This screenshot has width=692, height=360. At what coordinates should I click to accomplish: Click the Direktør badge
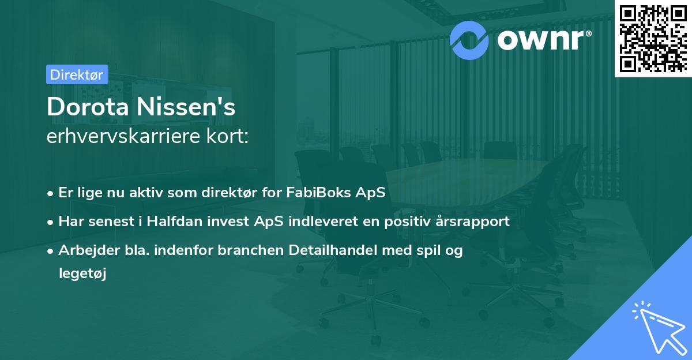point(77,74)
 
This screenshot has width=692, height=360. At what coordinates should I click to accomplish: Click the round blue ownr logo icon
point(469,39)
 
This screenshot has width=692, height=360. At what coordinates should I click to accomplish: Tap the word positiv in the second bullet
point(395,221)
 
